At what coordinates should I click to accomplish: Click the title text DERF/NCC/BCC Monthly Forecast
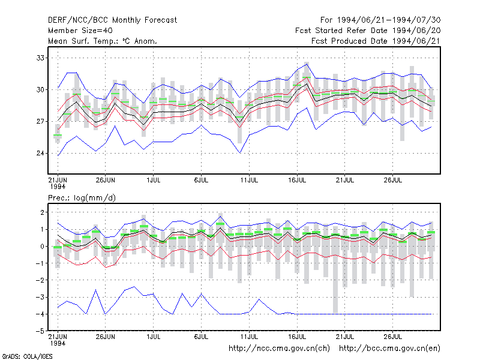[112, 20]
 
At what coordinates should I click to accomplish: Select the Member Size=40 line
[80, 31]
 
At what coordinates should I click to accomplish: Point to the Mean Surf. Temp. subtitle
[102, 41]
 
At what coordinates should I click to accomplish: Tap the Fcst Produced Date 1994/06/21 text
[376, 41]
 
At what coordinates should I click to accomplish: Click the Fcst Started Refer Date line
[368, 31]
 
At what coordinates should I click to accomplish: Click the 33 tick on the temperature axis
[40, 58]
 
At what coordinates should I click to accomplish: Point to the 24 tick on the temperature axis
[40, 153]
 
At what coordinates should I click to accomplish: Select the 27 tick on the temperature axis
[40, 122]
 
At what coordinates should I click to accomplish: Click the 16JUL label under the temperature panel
[297, 180]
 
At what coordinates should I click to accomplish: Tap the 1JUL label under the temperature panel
[154, 180]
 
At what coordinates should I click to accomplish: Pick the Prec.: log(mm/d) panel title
[82, 198]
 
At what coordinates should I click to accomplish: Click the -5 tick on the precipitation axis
[40, 331]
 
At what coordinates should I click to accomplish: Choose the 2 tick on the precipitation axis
[42, 212]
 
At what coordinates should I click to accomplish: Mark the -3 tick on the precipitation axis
[40, 297]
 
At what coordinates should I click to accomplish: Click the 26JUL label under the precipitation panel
[393, 337]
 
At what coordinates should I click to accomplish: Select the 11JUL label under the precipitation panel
[249, 337]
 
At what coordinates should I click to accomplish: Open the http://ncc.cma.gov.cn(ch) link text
[279, 349]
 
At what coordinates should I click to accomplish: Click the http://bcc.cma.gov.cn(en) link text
[389, 349]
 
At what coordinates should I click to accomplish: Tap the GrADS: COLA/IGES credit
[27, 356]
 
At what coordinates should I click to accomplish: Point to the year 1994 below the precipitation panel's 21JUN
[58, 343]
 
